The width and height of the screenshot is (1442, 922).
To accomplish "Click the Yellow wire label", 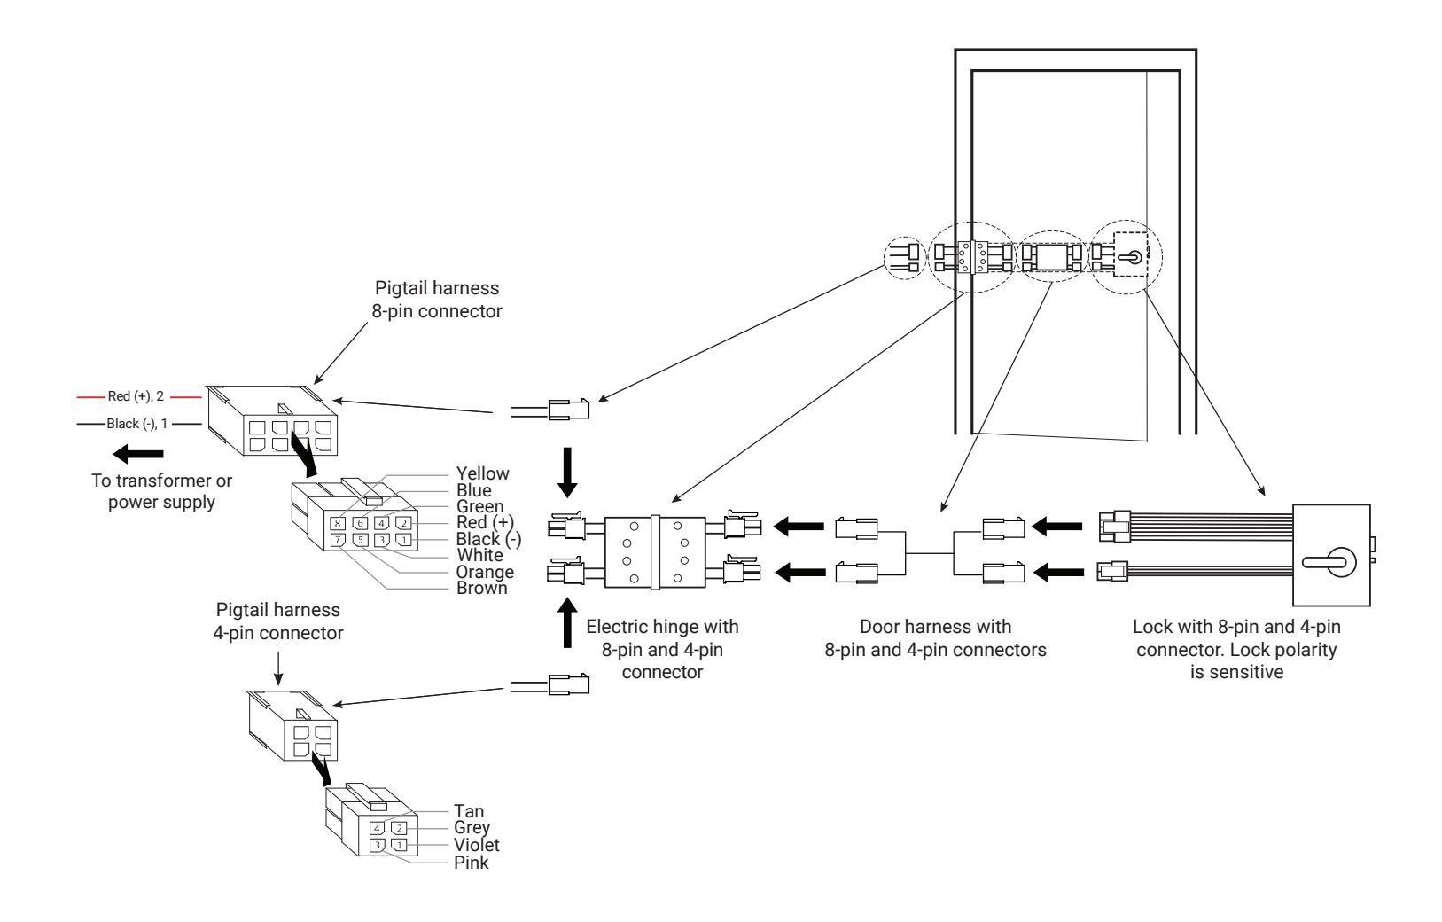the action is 482,474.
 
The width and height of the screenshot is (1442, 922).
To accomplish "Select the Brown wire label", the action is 481,588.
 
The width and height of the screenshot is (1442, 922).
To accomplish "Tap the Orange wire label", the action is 485,572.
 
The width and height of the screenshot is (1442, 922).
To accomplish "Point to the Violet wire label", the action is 476,845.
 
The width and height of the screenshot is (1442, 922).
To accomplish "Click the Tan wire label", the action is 469,811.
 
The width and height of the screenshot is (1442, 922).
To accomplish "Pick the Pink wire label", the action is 472,863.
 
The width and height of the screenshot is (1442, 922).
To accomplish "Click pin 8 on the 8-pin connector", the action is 338,523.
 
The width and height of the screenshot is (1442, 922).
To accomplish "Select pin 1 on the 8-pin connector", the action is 403,540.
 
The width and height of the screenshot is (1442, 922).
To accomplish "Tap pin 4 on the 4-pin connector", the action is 378,829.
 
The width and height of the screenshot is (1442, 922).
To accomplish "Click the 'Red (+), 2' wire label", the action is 136,396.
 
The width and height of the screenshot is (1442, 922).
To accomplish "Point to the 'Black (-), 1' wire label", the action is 137,424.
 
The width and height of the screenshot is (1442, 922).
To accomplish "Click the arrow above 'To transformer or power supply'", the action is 137,454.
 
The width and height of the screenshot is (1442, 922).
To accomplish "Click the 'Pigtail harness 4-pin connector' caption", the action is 278,621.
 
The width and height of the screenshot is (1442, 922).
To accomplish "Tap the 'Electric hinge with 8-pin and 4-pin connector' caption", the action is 662,649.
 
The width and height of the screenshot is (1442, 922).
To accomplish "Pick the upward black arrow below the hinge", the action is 567,622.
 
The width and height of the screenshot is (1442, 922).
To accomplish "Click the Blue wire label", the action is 474,490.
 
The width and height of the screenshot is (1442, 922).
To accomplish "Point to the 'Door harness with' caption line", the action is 935,627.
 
